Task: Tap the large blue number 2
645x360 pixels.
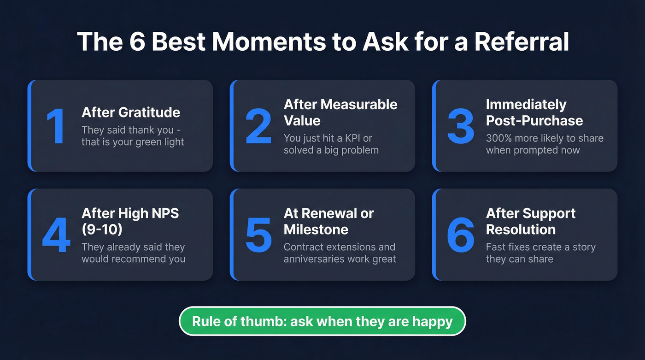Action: pos(258,126)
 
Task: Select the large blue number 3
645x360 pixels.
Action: pos(460,126)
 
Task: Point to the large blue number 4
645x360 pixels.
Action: pos(56,235)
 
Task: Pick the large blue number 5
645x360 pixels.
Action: pos(258,235)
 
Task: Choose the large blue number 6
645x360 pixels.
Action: pos(460,235)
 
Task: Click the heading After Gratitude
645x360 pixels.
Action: pos(131,112)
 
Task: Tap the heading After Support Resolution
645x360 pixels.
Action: pos(531,221)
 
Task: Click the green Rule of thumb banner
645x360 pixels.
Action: pos(322,321)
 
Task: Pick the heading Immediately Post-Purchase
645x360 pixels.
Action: pos(534,112)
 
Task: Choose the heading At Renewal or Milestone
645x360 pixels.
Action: pos(328,221)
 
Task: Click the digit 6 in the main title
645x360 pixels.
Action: pos(132,42)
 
